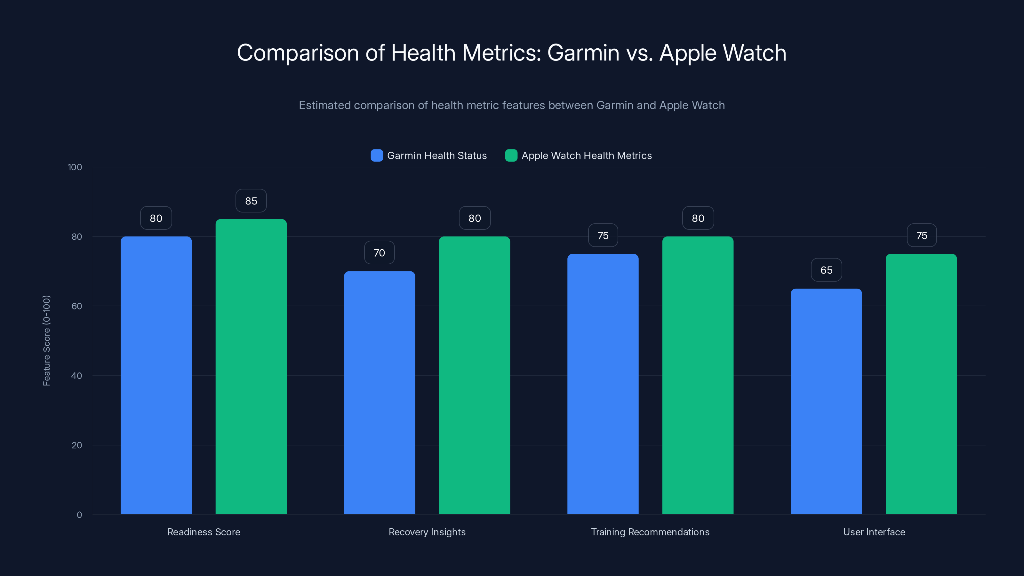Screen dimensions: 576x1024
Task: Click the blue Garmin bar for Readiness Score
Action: [156, 375]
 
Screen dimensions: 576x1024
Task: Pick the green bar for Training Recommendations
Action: [698, 375]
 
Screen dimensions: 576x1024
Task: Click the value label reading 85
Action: [251, 201]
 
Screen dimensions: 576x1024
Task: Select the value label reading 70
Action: [379, 253]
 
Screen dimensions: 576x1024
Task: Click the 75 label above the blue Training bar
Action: [603, 236]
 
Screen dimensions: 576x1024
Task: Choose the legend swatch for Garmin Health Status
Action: [376, 156]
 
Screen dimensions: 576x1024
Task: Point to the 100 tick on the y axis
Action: [75, 167]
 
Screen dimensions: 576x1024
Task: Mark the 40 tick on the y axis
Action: [76, 376]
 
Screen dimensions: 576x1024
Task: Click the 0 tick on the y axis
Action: [79, 515]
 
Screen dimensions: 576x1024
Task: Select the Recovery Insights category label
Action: [427, 532]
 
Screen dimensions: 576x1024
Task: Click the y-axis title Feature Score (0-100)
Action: [46, 341]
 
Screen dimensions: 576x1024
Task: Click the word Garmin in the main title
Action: [583, 53]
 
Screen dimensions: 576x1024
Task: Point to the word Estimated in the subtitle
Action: [324, 105]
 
